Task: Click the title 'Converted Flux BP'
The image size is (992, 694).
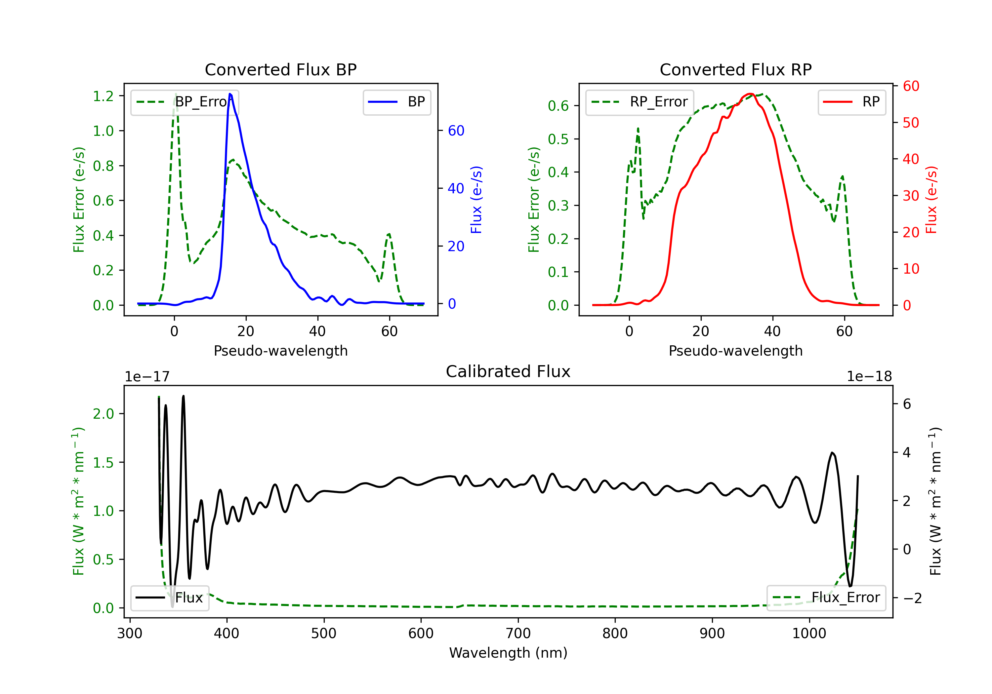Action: click(x=280, y=69)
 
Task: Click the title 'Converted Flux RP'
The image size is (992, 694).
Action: click(x=735, y=69)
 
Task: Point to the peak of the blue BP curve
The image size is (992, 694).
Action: click(x=230, y=94)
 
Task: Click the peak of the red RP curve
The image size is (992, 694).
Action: click(x=751, y=94)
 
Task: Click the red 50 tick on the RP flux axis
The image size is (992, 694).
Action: click(x=910, y=123)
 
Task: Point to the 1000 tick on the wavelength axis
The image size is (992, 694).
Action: click(x=809, y=633)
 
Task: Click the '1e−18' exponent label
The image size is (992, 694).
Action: click(x=869, y=377)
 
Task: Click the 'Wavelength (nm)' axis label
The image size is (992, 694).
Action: click(x=508, y=653)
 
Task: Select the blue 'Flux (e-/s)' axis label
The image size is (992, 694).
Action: click(x=476, y=200)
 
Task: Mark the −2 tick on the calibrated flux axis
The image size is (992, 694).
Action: click(x=912, y=598)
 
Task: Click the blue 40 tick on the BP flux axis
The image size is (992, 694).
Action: click(x=456, y=188)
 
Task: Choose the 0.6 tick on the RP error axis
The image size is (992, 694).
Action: click(x=558, y=106)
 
